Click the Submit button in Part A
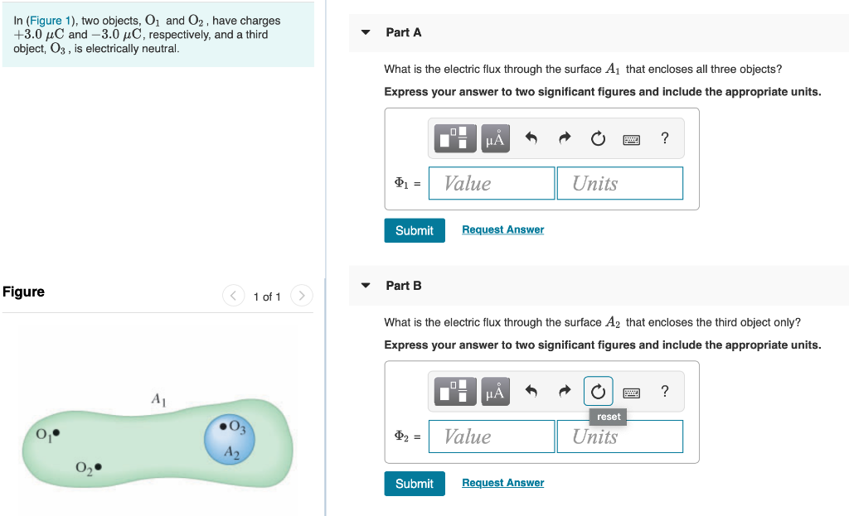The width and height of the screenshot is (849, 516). [414, 230]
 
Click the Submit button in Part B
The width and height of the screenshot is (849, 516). [414, 484]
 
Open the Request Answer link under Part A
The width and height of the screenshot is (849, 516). [502, 230]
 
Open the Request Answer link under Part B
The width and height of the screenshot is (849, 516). [502, 484]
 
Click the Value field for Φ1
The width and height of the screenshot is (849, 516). [492, 183]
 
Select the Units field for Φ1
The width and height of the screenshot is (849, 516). [620, 183]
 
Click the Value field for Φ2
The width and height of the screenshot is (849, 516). [492, 436]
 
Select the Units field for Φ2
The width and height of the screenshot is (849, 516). [620, 436]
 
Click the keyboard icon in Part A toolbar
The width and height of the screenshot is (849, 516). [632, 139]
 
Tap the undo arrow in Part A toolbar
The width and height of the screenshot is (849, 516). [531, 139]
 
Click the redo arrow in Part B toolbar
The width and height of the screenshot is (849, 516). [565, 392]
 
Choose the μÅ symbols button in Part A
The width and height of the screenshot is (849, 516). [494, 139]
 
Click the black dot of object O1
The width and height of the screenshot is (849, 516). [56, 432]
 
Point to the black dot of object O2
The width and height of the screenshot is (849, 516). [99, 468]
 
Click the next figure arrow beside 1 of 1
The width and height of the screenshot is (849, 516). [302, 296]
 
